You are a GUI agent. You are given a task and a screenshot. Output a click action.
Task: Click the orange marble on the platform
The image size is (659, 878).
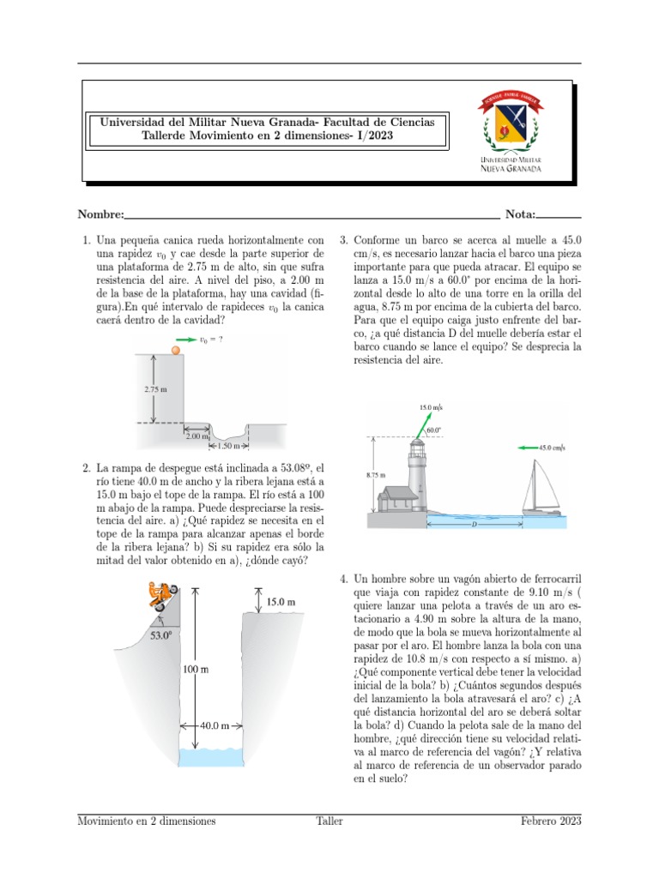tap(177, 349)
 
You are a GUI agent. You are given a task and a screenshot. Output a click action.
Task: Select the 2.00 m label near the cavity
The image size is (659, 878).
tap(196, 436)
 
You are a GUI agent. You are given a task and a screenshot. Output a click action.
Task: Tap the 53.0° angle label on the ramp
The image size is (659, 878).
tap(160, 636)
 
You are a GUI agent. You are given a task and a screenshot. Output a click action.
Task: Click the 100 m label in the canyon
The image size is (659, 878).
tap(195, 668)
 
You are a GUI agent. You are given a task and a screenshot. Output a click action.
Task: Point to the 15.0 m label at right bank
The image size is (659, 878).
tap(281, 603)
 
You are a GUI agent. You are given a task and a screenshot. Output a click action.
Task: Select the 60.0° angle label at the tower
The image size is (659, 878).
tap(434, 430)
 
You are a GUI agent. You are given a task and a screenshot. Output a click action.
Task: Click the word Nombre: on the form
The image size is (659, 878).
tap(101, 214)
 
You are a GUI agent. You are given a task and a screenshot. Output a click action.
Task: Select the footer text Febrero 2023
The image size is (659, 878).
tap(551, 821)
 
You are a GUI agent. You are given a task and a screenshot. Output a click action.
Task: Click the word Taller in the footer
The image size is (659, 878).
tap(329, 821)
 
